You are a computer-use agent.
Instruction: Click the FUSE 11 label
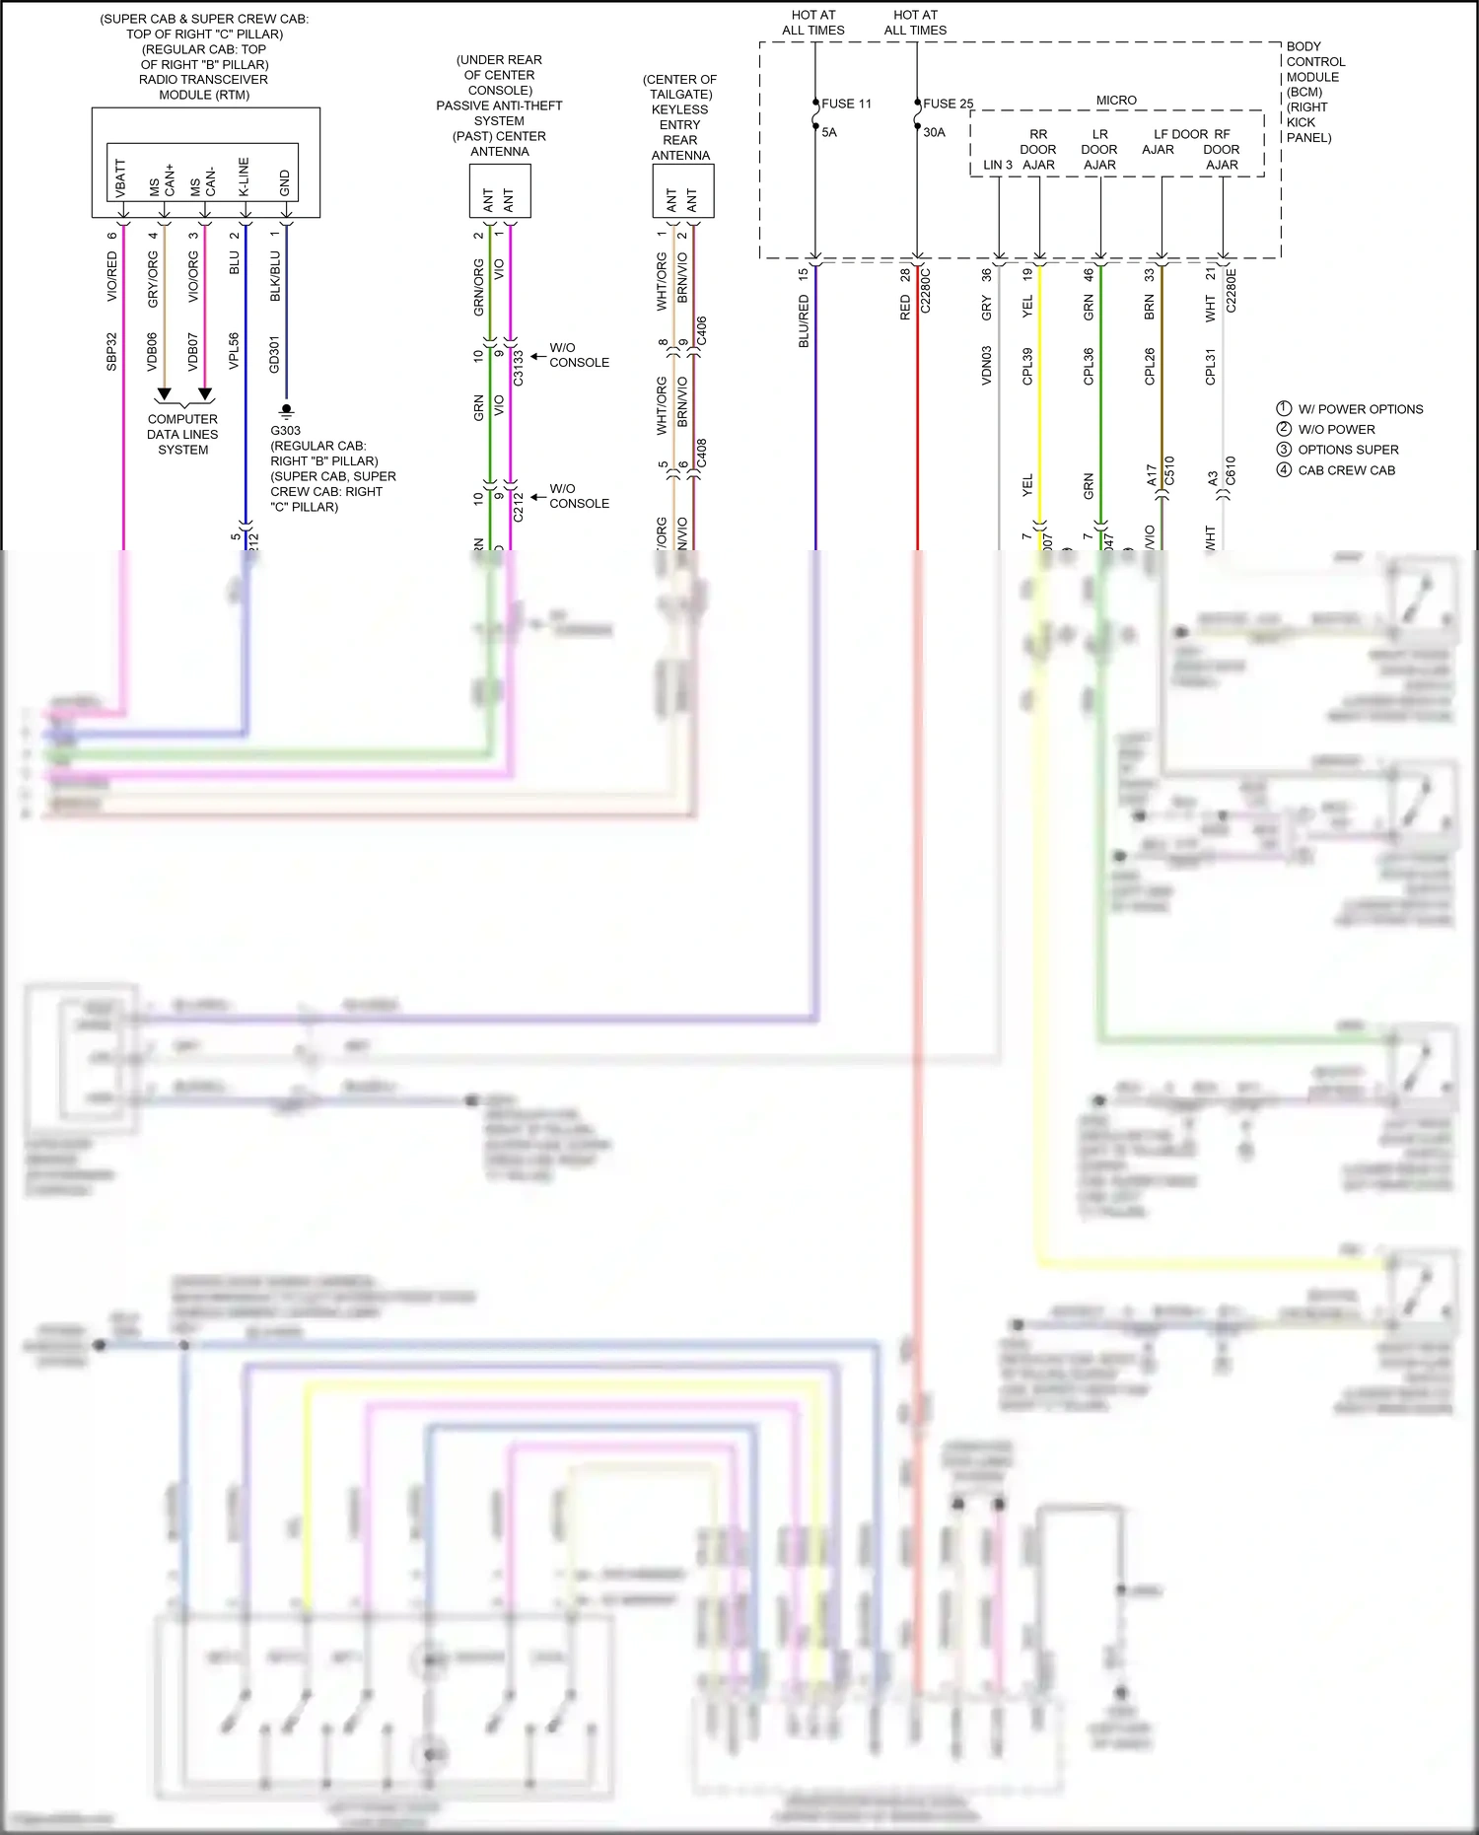click(846, 104)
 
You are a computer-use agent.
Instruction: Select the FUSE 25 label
click(948, 104)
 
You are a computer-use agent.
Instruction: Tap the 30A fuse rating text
click(934, 132)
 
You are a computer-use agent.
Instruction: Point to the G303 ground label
click(285, 431)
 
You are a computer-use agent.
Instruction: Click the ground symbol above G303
click(286, 410)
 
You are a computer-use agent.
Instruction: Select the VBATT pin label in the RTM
click(121, 177)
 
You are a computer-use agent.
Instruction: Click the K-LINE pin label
click(244, 176)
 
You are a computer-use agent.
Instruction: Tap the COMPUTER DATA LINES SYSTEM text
click(182, 434)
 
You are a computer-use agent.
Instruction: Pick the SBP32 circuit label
click(111, 352)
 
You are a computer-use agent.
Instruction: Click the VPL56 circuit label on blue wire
click(234, 351)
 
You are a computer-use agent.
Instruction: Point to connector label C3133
click(518, 366)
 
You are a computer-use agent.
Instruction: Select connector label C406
click(701, 330)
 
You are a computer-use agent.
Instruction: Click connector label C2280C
click(925, 290)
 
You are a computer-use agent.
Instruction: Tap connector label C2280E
click(1231, 290)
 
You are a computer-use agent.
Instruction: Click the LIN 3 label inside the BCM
click(997, 165)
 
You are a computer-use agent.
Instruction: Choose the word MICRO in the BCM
click(1116, 101)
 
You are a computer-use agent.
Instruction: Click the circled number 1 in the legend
click(1284, 408)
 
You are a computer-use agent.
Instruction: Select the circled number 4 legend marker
click(1284, 469)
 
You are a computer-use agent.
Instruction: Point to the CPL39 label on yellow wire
click(1027, 366)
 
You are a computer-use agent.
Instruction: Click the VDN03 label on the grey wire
click(986, 365)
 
